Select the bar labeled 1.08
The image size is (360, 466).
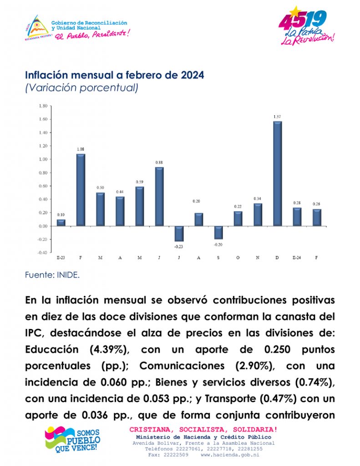pyautogui.click(x=81, y=190)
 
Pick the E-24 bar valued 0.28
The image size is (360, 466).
pyautogui.click(x=297, y=217)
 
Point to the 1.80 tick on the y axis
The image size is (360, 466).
pyautogui.click(x=43, y=106)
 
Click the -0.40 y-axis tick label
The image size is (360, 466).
pyautogui.click(x=43, y=253)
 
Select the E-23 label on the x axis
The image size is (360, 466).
pyautogui.click(x=61, y=258)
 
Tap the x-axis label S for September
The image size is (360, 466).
pyautogui.click(x=219, y=258)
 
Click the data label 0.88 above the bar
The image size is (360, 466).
pyautogui.click(x=160, y=162)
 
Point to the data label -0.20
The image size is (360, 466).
pyautogui.click(x=219, y=245)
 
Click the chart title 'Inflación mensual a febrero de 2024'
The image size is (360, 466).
pyautogui.click(x=115, y=75)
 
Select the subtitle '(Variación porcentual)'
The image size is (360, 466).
pyautogui.click(x=81, y=88)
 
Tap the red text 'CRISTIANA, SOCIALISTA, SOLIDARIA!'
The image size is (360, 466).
pyautogui.click(x=203, y=430)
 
